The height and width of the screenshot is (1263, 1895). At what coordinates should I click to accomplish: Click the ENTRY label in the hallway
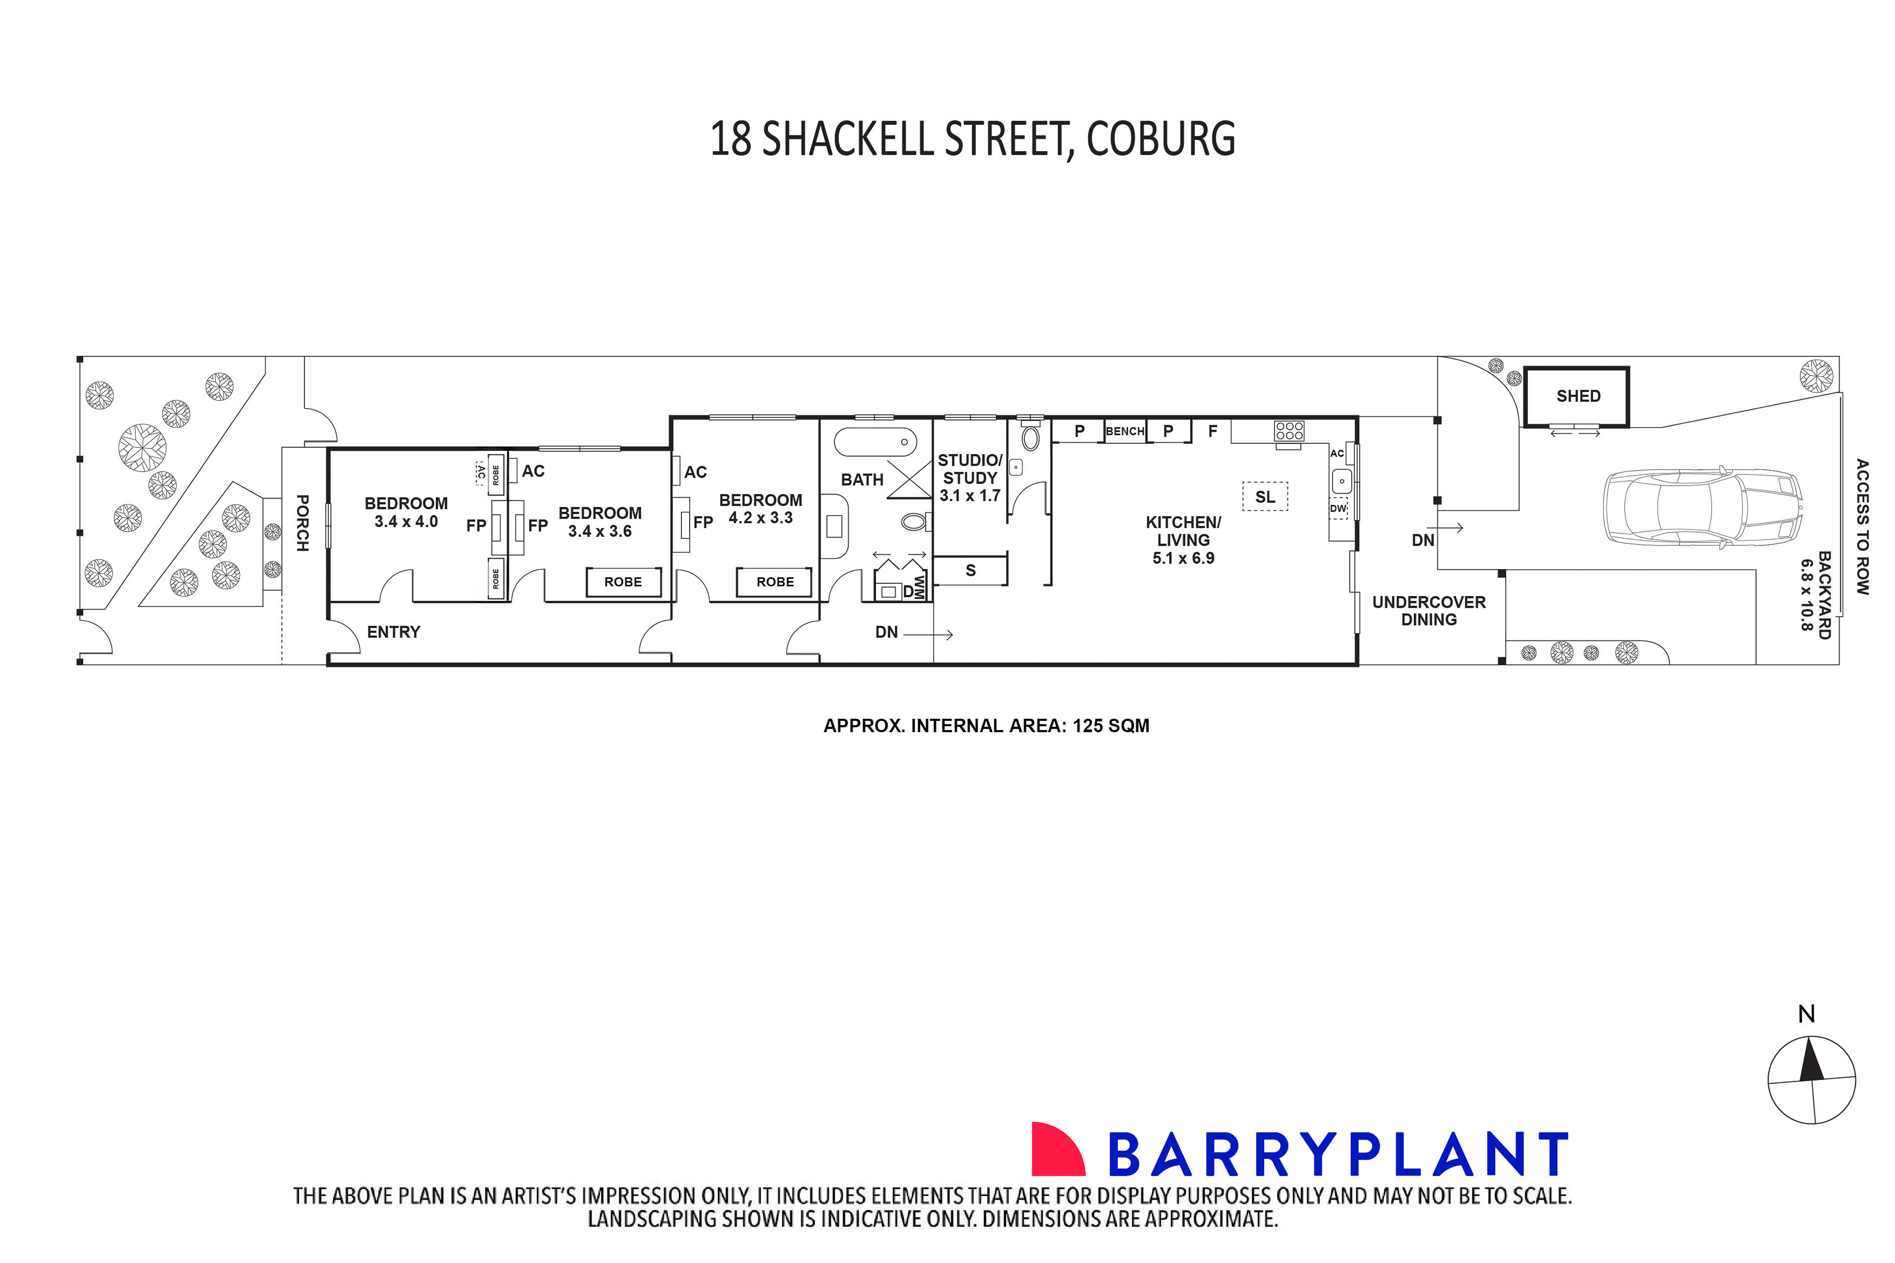point(393,632)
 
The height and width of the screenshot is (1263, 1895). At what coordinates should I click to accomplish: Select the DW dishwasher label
point(1338,509)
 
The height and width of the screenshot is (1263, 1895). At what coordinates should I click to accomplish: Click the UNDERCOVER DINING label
point(1429,611)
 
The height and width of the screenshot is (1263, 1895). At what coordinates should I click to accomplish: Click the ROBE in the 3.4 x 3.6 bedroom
point(623,581)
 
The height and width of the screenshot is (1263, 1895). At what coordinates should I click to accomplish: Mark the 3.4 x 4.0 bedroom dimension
point(406,522)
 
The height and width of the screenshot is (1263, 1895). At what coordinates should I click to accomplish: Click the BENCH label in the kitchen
point(1124,431)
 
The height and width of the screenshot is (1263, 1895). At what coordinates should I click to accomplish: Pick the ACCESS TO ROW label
point(1862,527)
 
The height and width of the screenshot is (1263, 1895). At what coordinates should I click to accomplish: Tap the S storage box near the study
point(971,570)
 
